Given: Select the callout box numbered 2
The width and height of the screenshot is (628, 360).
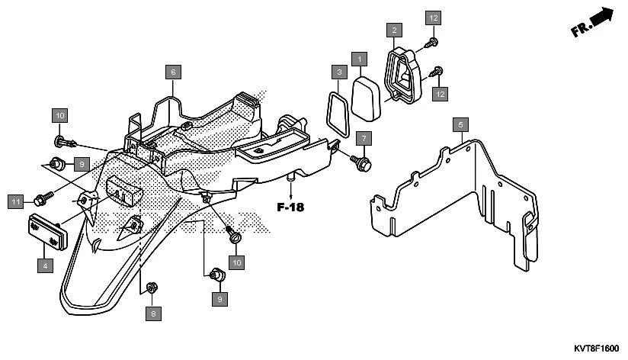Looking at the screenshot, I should point(393,31).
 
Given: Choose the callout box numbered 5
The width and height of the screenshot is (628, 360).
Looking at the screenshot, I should point(459,124).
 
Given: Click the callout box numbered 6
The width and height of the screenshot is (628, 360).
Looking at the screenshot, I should point(173,72).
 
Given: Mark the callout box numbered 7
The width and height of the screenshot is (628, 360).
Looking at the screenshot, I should point(364,139).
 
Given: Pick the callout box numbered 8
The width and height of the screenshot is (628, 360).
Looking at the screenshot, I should point(153,313).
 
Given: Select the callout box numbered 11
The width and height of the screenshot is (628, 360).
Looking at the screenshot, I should point(16,201).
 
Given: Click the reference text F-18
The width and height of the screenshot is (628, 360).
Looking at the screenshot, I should point(290,207).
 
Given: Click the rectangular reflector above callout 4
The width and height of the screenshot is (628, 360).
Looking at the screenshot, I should point(46,231).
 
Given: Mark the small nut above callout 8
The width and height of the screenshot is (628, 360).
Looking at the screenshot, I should point(152,287).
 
